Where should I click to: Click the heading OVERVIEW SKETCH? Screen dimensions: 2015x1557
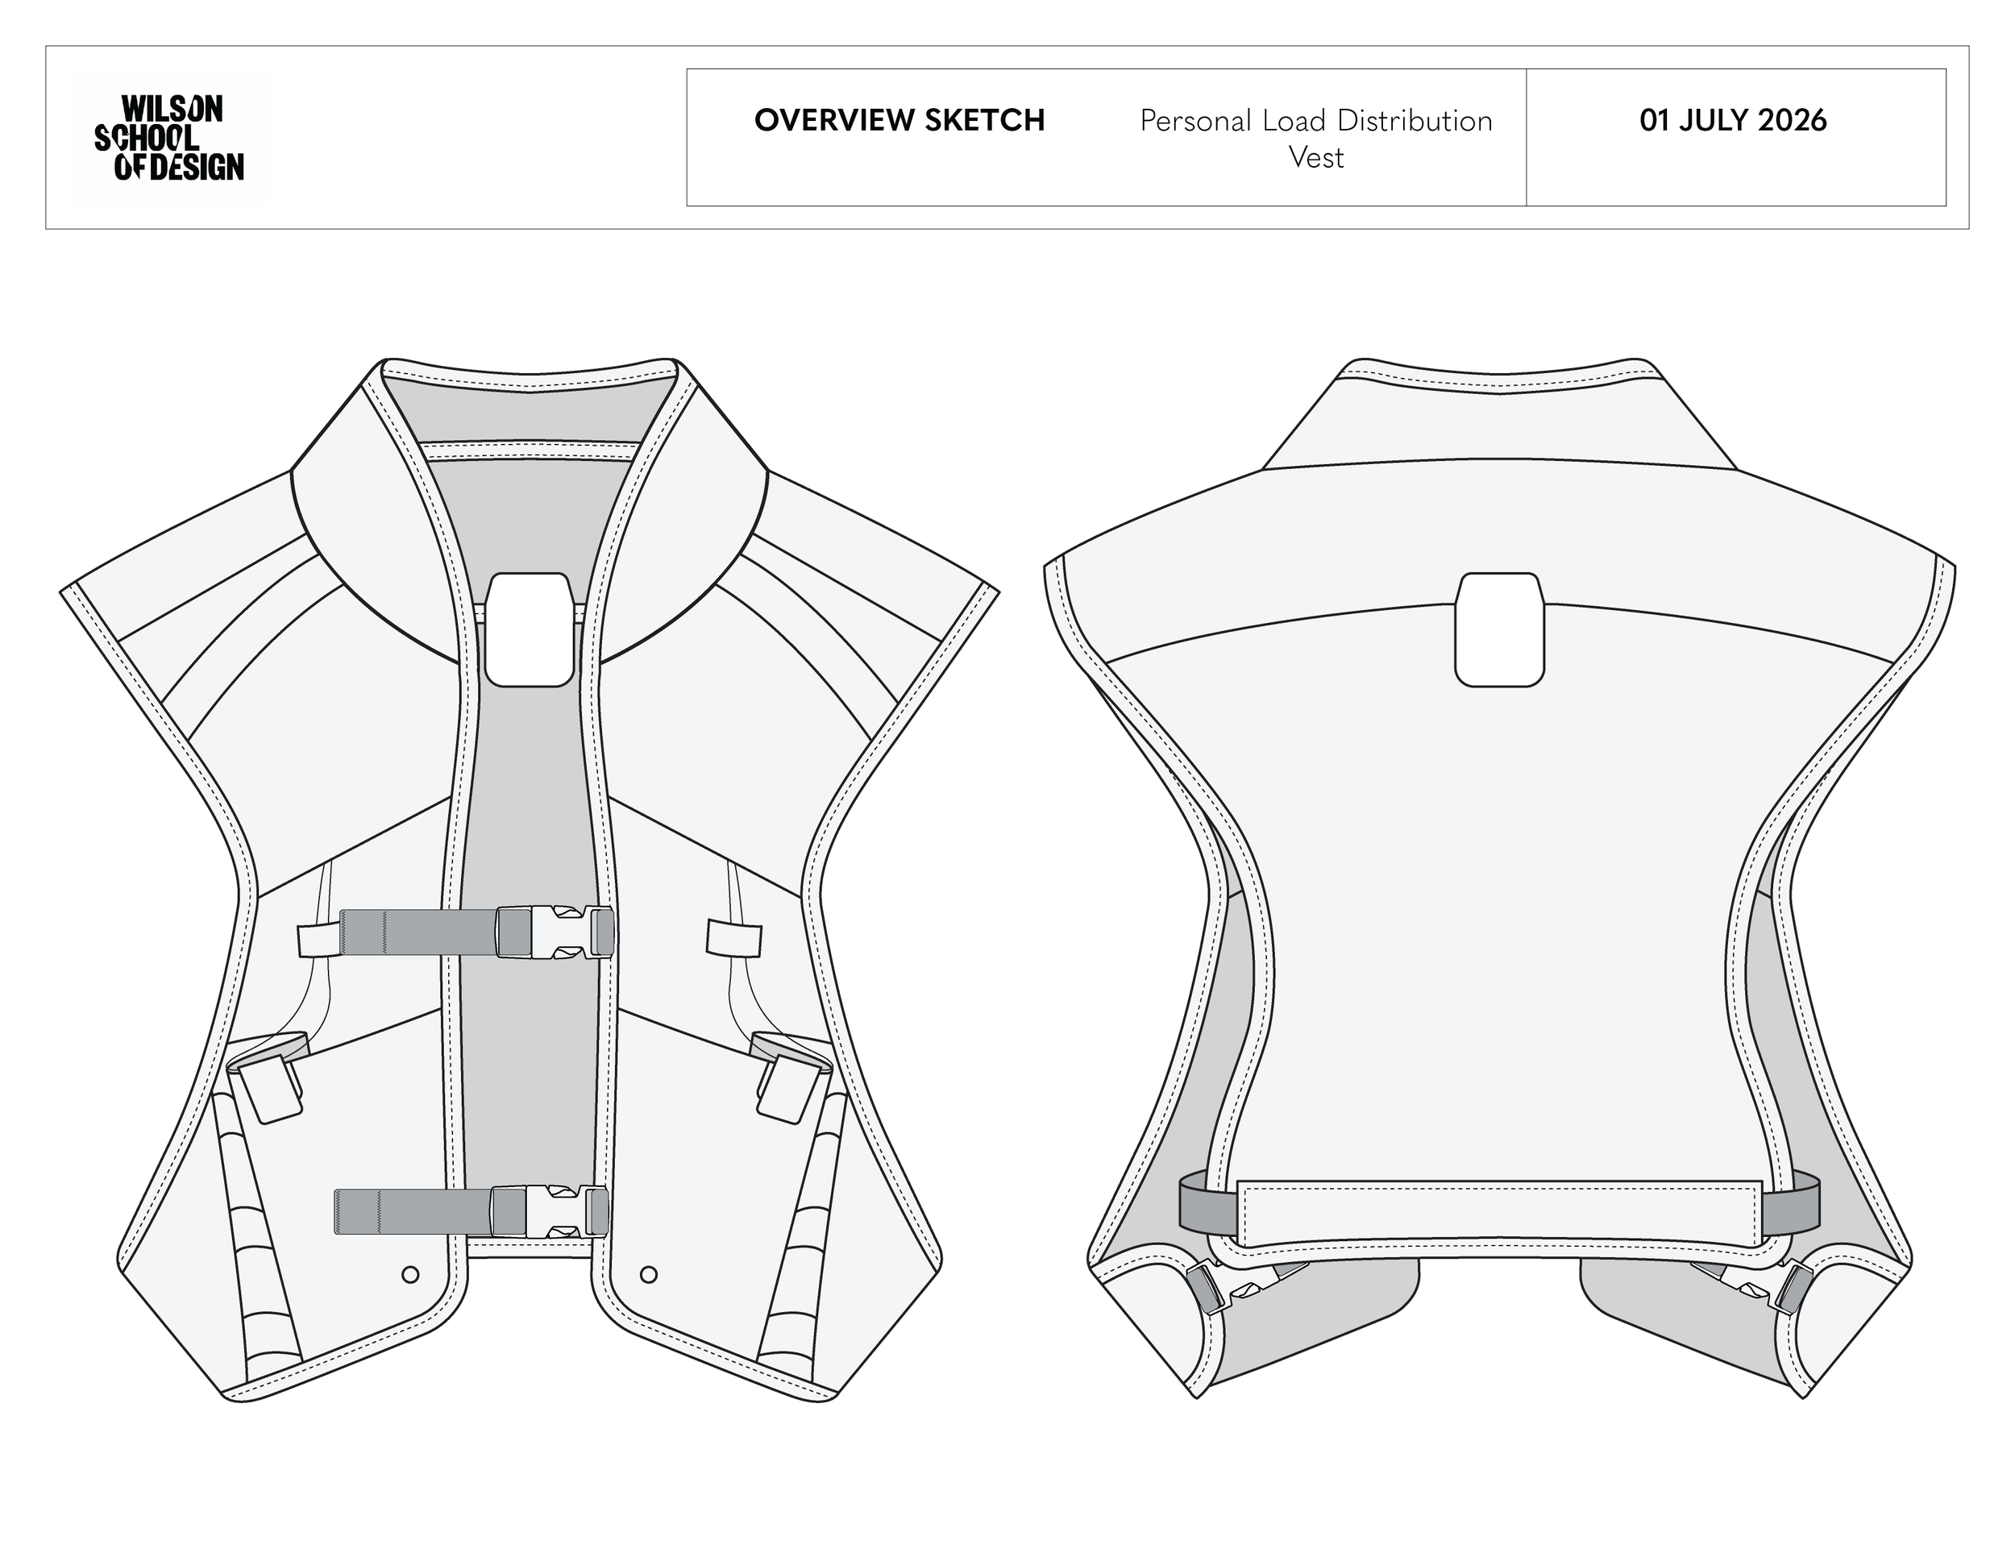pos(899,121)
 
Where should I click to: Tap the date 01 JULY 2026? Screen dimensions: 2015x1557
pos(1733,121)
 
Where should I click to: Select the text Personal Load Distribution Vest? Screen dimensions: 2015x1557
pos(1315,139)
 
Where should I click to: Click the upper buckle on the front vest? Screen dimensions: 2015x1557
pos(555,932)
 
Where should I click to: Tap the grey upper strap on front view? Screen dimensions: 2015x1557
pos(419,932)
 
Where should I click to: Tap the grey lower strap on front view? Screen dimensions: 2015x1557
pos(413,1211)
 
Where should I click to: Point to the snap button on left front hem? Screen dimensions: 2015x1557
pos(410,1275)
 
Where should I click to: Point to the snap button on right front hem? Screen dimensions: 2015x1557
pos(649,1275)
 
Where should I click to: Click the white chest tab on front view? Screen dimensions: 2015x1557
pos(530,629)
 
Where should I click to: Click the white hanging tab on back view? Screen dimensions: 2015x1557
pos(1499,629)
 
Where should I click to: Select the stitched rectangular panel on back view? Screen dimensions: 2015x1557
pos(1499,1214)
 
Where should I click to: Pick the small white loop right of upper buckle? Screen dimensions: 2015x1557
pos(734,937)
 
